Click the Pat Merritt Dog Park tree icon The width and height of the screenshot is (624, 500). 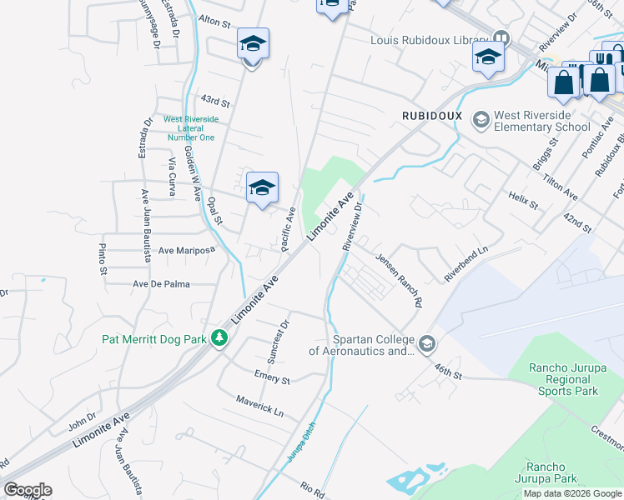(x=219, y=338)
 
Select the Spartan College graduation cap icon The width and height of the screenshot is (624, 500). (x=426, y=343)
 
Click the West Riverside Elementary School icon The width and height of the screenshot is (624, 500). (x=481, y=120)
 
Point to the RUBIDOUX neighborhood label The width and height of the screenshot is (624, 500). (x=432, y=115)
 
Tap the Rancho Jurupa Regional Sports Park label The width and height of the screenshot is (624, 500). (x=564, y=379)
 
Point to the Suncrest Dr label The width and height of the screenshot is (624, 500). (x=278, y=341)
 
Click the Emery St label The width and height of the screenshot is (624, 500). (x=273, y=378)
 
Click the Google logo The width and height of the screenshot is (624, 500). (x=28, y=490)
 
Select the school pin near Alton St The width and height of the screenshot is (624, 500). (x=253, y=44)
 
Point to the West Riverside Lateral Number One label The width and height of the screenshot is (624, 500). (x=190, y=128)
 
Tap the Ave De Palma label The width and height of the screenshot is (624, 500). (x=162, y=284)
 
